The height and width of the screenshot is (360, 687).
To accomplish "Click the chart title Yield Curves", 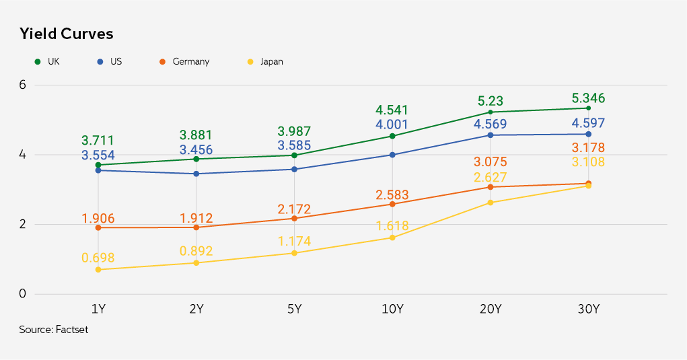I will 66,33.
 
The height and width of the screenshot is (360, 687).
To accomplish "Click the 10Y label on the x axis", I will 392,310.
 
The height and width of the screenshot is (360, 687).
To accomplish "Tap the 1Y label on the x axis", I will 98,310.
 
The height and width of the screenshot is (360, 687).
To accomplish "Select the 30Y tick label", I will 589,310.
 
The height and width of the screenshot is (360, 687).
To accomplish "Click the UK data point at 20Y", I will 491,112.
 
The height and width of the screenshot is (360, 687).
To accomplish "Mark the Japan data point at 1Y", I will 98,270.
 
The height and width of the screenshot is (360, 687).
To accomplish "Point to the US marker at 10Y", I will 392,155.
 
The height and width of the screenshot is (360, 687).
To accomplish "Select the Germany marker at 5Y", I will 294,218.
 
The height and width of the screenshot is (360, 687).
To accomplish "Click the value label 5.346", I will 589,99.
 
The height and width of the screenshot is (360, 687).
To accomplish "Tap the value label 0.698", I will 98,258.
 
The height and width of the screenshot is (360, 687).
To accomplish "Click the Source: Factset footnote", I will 53,330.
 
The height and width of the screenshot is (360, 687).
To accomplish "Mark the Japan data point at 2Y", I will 196,262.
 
